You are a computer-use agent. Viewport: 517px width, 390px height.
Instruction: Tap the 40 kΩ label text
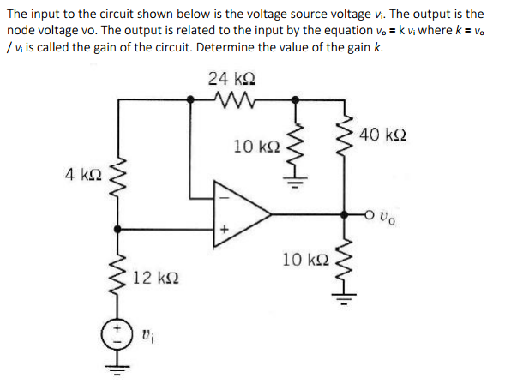point(383,135)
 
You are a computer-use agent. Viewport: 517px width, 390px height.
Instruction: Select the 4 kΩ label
point(86,175)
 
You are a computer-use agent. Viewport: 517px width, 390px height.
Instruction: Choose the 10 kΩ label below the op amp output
point(304,260)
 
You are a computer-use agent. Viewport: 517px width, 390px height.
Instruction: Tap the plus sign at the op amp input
point(224,229)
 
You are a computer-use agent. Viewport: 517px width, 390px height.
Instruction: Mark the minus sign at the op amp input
point(224,194)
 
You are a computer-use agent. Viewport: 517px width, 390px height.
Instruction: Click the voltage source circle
point(117,333)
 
